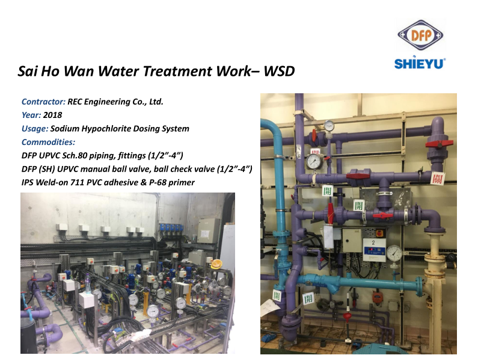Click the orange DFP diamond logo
[420, 35]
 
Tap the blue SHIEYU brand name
[419, 63]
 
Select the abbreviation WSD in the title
[279, 71]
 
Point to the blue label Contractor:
[43, 102]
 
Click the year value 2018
[52, 115]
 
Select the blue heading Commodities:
[48, 142]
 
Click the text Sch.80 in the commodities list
[75, 156]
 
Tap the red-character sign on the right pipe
[438, 178]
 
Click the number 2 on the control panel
[373, 242]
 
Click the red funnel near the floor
[347, 316]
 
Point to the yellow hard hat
[217, 264]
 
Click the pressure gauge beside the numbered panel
[394, 253]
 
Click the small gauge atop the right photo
[329, 125]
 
